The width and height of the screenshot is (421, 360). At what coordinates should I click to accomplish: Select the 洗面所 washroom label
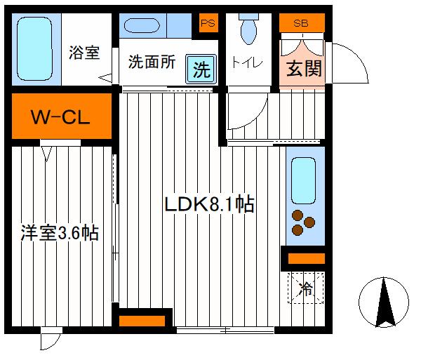click(150, 62)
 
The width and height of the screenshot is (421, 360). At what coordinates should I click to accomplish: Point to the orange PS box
click(207, 22)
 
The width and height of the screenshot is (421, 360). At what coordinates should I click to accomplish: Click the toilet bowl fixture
click(248, 32)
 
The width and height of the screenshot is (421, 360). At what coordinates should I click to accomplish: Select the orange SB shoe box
click(302, 22)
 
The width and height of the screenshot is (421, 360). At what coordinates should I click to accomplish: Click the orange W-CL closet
click(60, 116)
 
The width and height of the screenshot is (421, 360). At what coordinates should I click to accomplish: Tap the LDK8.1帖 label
click(208, 204)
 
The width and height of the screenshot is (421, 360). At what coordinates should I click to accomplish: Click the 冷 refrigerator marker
click(306, 286)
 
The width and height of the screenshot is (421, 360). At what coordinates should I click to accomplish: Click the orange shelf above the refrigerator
click(306, 259)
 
